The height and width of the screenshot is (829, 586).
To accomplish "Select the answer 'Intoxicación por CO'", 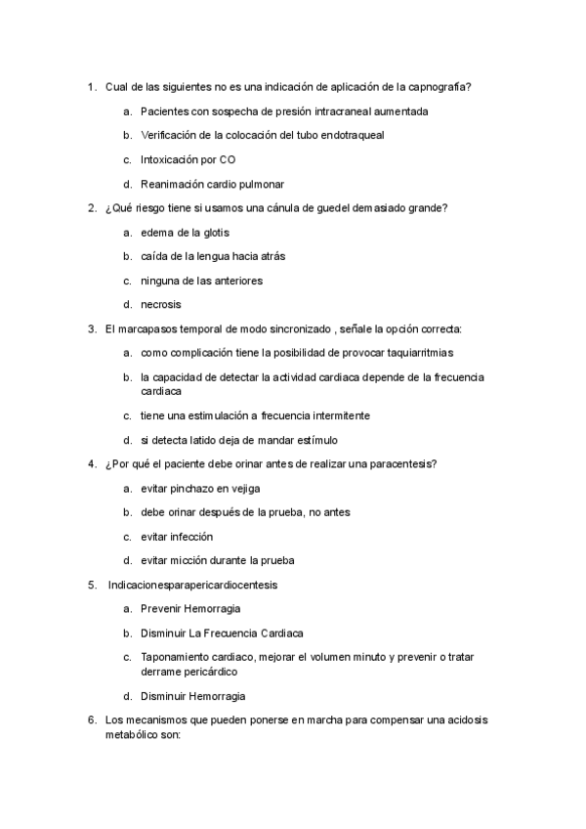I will pos(188,159).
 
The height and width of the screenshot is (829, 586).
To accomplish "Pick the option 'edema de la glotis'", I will pos(185,233).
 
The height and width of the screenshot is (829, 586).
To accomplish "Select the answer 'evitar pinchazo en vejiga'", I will pos(200,488).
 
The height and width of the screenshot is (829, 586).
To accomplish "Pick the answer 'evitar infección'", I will pos(177,537).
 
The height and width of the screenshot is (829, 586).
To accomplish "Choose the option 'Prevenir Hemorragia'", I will pos(190,609).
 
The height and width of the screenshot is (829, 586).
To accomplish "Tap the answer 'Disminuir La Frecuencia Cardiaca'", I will pos(222,633).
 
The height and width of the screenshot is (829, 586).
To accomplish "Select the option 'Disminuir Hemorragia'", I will pos(192,696).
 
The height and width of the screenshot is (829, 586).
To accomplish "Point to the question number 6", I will pos(91,720).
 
